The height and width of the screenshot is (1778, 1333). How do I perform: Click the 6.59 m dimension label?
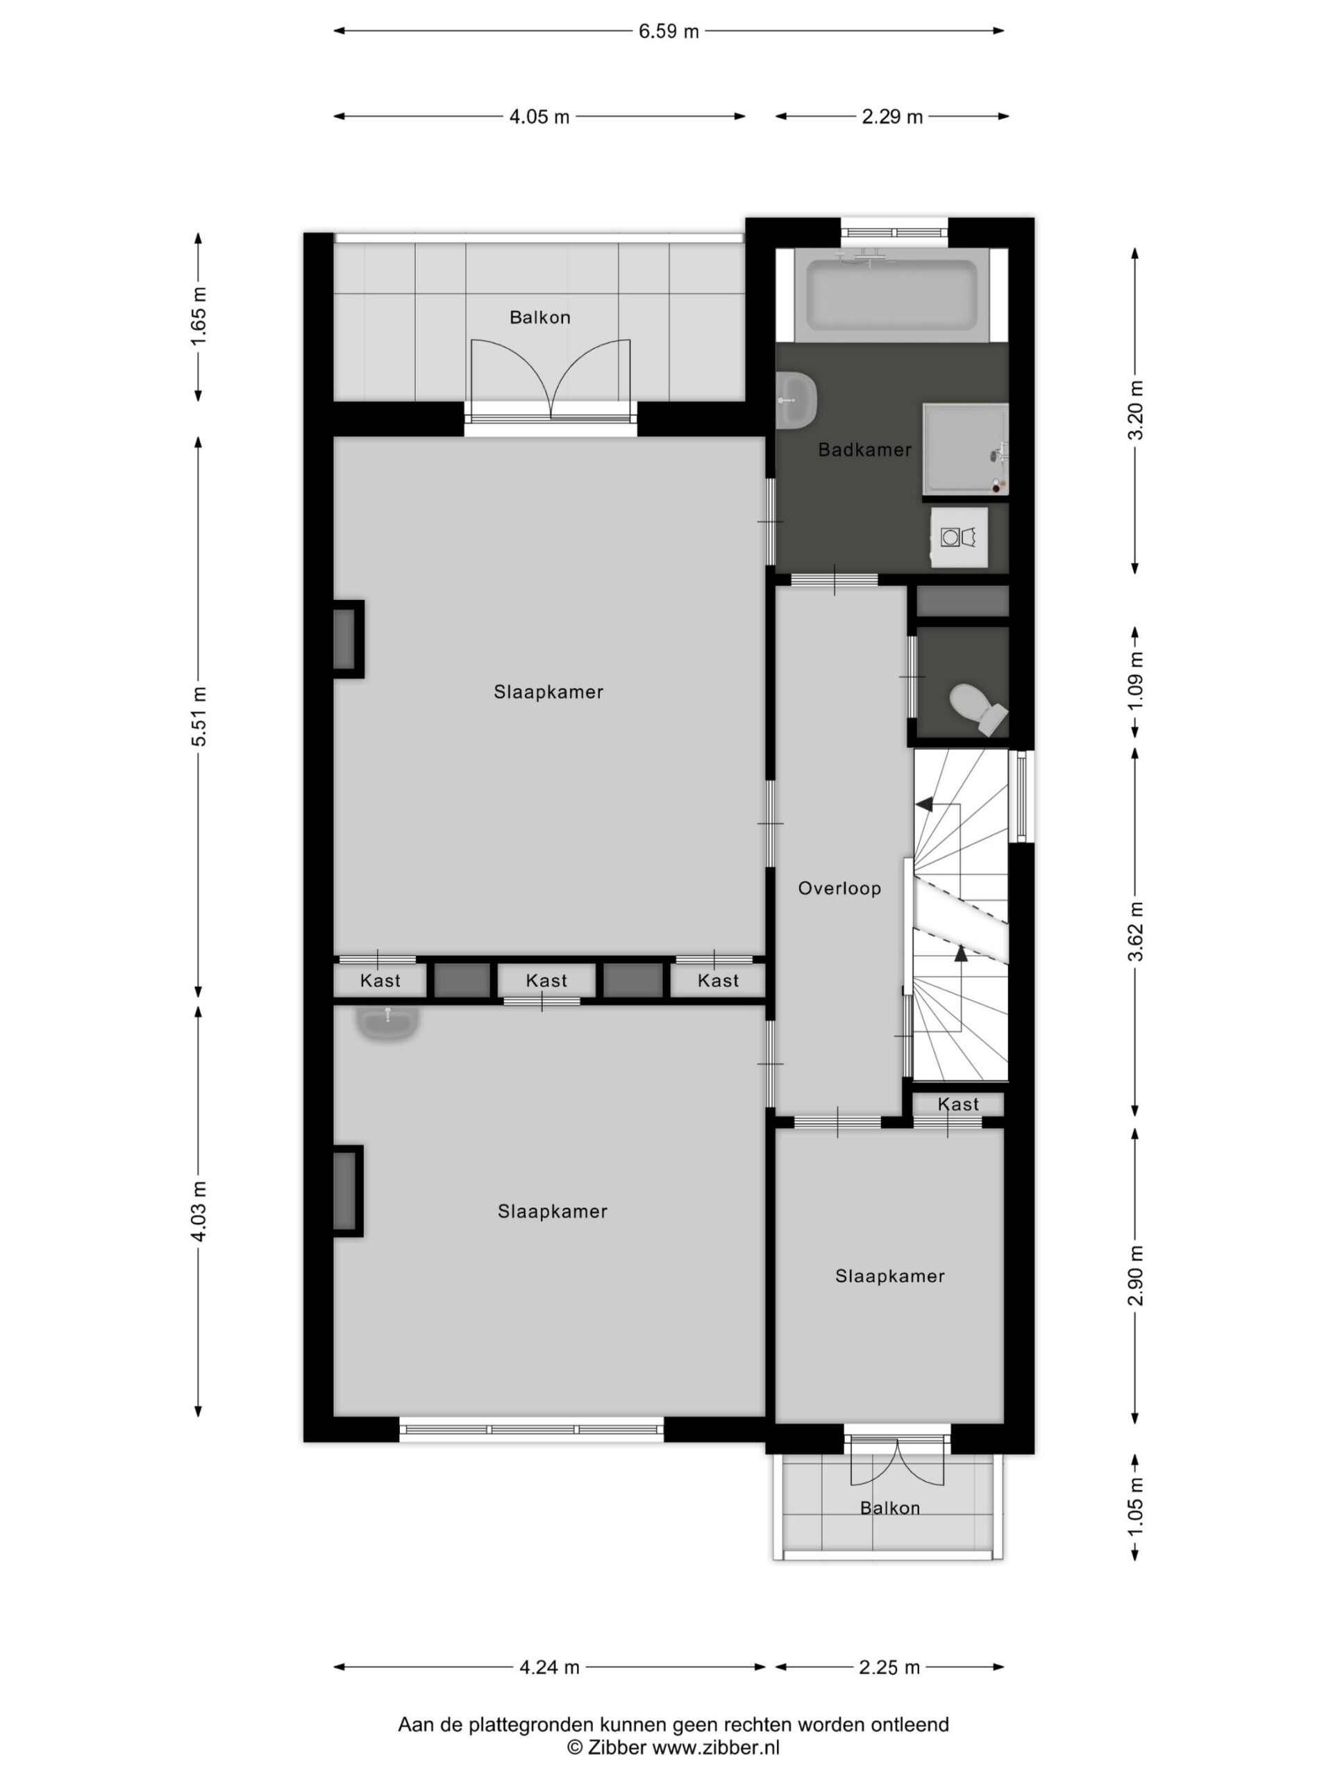coord(669,31)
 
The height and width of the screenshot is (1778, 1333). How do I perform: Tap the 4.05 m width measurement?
coord(539,117)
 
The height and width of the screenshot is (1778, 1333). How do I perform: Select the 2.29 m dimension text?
coord(892,117)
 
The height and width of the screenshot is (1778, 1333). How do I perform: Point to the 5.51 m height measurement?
coord(199,716)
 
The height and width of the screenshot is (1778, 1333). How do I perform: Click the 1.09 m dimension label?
coord(1135,680)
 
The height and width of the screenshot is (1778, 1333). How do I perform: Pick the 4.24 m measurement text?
coord(548,1667)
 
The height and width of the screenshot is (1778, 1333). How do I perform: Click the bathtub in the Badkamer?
coord(892,296)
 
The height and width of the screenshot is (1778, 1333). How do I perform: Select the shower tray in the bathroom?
coord(965,449)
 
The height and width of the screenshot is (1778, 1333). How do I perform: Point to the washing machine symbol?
coord(959,536)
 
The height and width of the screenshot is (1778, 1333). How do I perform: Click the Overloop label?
coord(839,888)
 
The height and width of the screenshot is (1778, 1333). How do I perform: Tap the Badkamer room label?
coord(864,449)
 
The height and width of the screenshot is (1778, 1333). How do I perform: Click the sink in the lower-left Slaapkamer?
coord(388,1023)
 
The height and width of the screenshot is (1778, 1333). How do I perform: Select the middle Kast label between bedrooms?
coord(546,981)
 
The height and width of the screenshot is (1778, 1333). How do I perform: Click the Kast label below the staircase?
coord(958,1104)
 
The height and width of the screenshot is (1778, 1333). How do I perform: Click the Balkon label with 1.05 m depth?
coord(889,1508)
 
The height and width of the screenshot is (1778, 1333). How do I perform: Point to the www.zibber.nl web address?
coord(715,1747)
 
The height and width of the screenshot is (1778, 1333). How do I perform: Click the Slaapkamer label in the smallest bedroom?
coord(889,1276)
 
